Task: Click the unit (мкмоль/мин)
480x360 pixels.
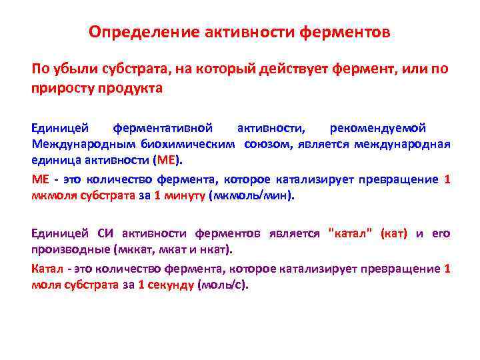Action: click(251, 197)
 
